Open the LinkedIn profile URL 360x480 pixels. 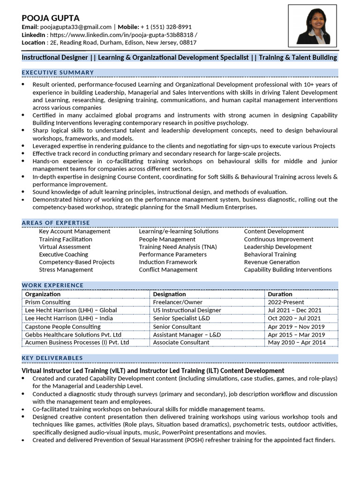(123, 35)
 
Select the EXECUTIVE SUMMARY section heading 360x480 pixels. (58, 72)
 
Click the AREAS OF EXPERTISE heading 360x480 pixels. (56, 223)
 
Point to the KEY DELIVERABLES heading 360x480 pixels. (52, 358)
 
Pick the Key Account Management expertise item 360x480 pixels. (75, 231)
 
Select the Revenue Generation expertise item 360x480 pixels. (271, 262)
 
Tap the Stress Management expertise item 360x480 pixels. (66, 270)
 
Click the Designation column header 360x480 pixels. (169, 294)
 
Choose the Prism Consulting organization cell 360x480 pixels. (47, 302)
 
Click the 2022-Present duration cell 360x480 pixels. (286, 302)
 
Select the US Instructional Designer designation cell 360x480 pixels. (187, 310)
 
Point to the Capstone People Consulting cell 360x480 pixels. (63, 326)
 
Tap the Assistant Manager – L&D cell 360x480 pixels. (187, 335)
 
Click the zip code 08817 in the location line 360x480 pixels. (188, 43)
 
